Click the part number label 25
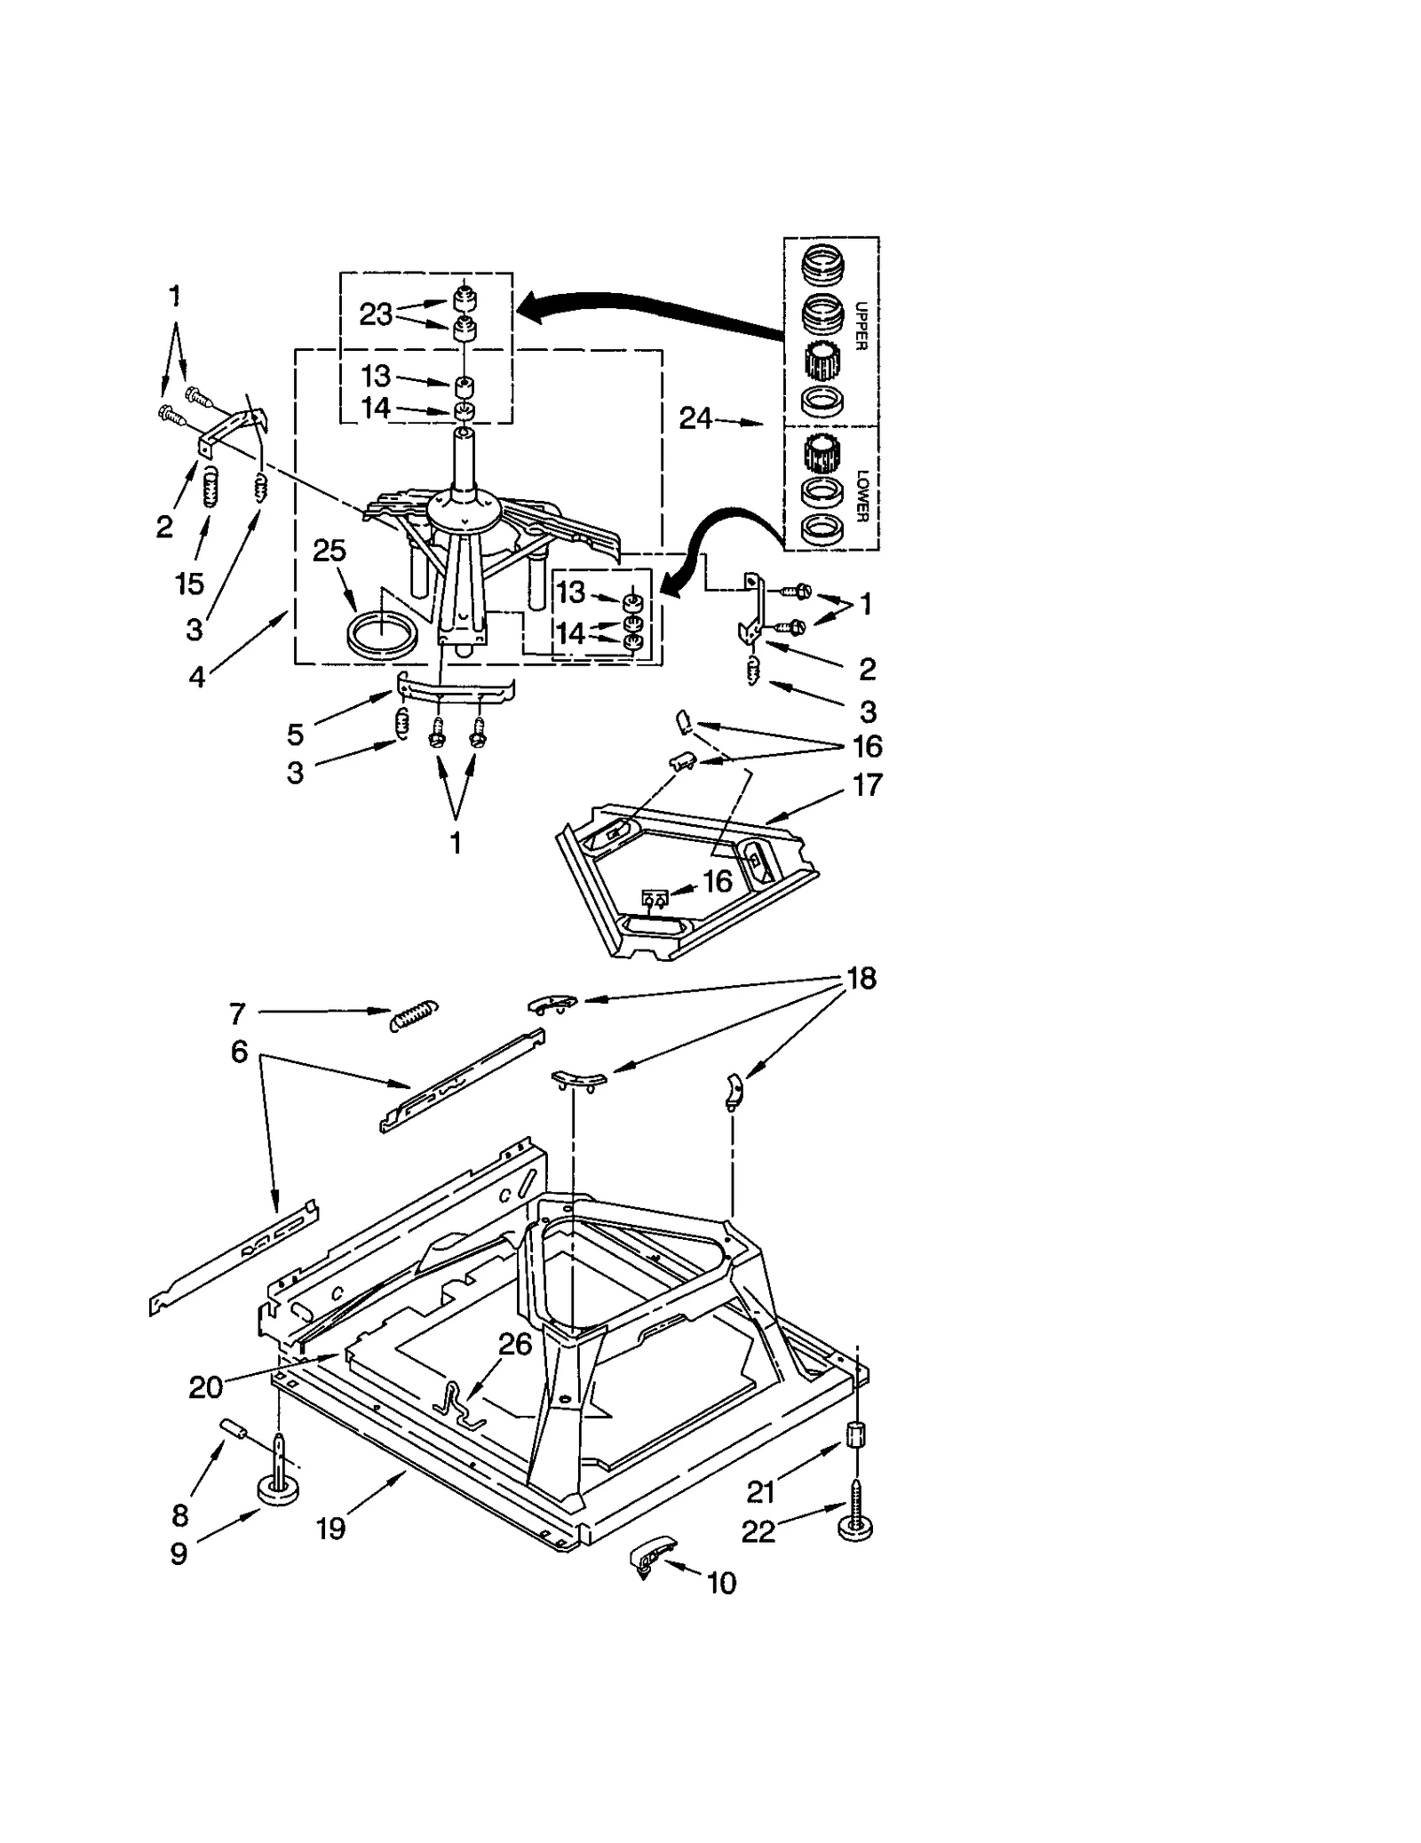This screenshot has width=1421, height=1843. coord(329,551)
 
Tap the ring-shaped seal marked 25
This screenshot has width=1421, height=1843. coord(381,637)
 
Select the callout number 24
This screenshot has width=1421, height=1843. coord(695,417)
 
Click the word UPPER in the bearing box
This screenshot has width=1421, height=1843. coord(860,327)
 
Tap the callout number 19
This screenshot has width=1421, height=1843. coord(330,1528)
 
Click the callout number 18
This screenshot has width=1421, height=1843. coord(861,978)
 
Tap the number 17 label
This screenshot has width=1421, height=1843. coord(867,784)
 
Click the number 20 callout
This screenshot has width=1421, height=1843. coord(205,1386)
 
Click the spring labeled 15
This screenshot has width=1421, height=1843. coord(210,488)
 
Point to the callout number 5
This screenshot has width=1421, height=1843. coord(295,734)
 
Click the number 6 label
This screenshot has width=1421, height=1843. coord(239,1052)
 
